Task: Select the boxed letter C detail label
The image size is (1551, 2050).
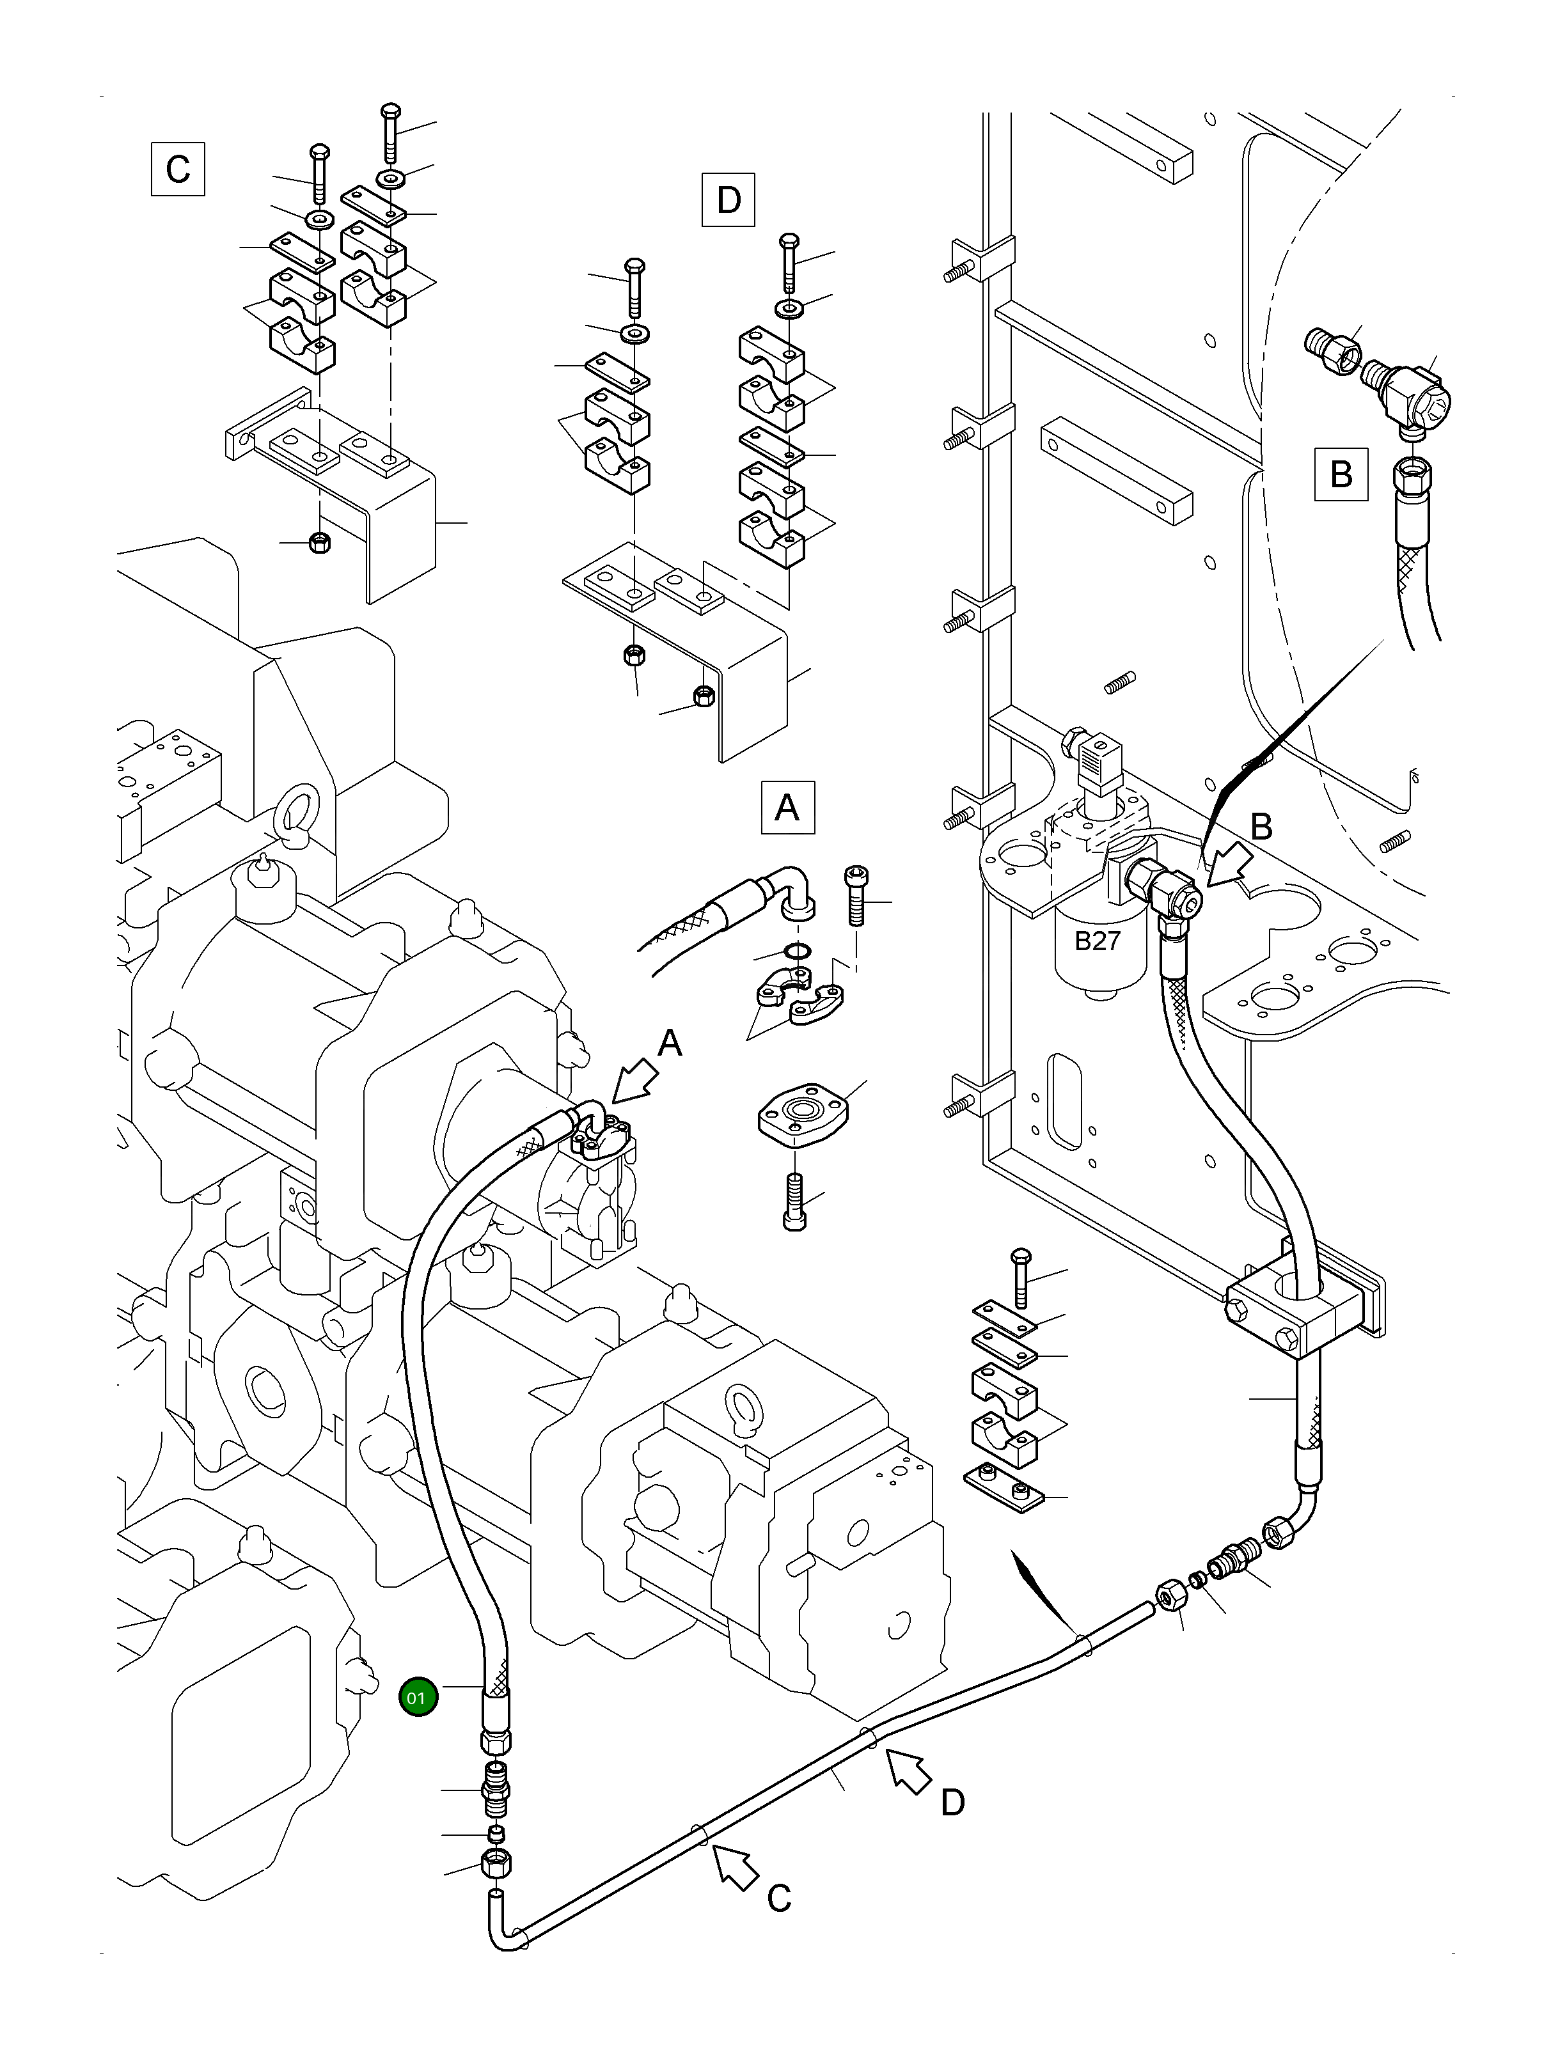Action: (x=177, y=169)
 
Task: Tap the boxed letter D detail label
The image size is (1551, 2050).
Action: (x=728, y=200)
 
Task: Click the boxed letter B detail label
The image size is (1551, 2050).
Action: (x=1341, y=474)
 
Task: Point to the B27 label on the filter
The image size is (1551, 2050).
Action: (x=1098, y=941)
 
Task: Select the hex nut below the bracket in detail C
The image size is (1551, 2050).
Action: (x=318, y=542)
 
